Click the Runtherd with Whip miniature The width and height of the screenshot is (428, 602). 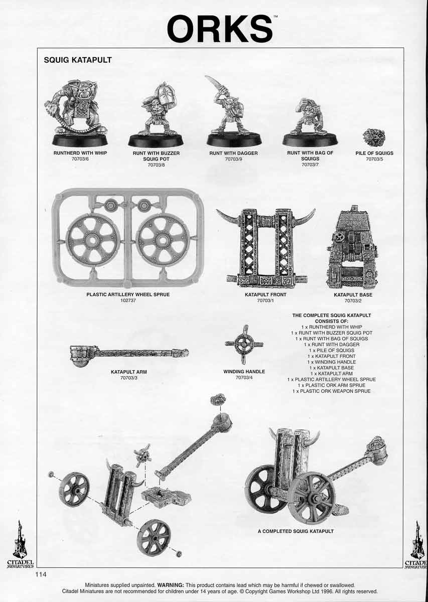[x=79, y=108]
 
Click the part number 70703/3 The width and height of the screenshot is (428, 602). [x=128, y=378]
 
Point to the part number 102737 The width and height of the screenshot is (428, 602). [x=128, y=300]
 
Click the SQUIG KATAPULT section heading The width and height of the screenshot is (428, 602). [x=78, y=60]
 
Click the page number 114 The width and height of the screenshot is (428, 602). [x=41, y=575]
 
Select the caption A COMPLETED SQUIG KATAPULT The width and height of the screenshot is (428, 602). [x=296, y=531]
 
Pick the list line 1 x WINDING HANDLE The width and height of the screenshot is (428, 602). [x=331, y=362]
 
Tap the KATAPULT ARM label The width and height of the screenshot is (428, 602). [x=128, y=372]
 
